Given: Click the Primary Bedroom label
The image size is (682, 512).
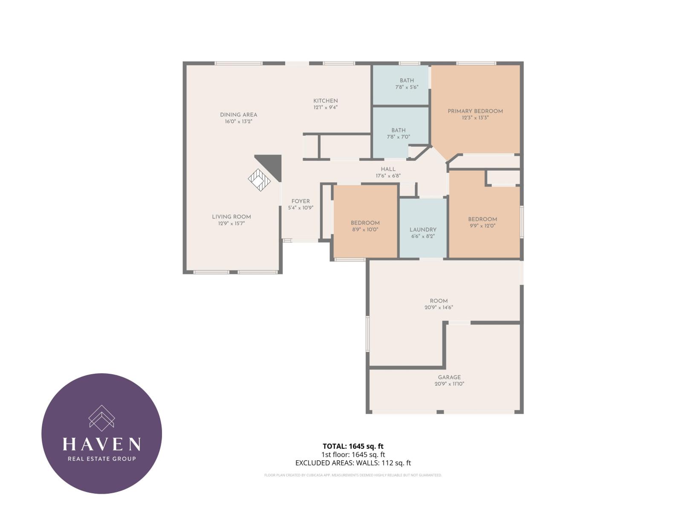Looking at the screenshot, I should [475, 111].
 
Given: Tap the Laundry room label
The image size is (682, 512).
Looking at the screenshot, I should [423, 230].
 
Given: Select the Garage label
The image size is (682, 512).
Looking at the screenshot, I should [449, 377].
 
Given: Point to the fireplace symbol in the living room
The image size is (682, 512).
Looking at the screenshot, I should [259, 180].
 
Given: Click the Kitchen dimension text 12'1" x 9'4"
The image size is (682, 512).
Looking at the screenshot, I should [326, 108].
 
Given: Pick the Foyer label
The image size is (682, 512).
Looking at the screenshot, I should [301, 201].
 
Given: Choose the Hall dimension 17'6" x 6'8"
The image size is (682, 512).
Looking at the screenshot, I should [388, 176].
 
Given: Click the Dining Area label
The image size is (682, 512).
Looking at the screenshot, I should [238, 115].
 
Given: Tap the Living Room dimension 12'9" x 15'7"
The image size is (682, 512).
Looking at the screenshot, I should [231, 223].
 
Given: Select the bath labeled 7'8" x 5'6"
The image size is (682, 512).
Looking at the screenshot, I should [407, 84].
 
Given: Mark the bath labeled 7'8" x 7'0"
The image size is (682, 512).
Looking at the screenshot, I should [399, 134].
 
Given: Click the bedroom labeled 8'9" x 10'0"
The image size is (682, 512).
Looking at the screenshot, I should [365, 226].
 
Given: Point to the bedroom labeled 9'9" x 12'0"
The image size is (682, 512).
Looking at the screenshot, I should [483, 222].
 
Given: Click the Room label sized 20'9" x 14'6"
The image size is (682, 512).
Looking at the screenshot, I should [439, 301].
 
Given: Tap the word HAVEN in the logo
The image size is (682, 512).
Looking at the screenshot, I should [101, 444].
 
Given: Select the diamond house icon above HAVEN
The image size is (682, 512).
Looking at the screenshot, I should [101, 418].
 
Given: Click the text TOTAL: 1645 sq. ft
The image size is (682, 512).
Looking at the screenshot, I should [353, 447].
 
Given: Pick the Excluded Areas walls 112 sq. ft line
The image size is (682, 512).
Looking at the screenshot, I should [353, 463].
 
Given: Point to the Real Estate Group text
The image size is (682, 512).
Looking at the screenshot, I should [101, 459].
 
